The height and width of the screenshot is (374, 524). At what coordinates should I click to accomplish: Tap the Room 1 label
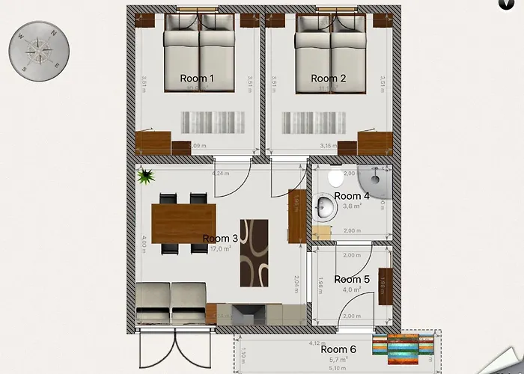(198, 79)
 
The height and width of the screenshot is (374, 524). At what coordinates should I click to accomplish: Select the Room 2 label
(328, 79)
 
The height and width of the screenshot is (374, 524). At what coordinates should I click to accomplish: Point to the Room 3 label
(220, 239)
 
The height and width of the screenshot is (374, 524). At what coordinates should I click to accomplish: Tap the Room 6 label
(338, 349)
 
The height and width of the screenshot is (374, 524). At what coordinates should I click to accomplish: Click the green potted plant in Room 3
(146, 177)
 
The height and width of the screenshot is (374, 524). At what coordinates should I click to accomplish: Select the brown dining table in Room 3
(183, 224)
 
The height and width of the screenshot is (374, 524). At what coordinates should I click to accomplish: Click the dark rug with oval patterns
(253, 253)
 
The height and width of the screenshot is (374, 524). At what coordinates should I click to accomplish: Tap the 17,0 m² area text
(220, 249)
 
